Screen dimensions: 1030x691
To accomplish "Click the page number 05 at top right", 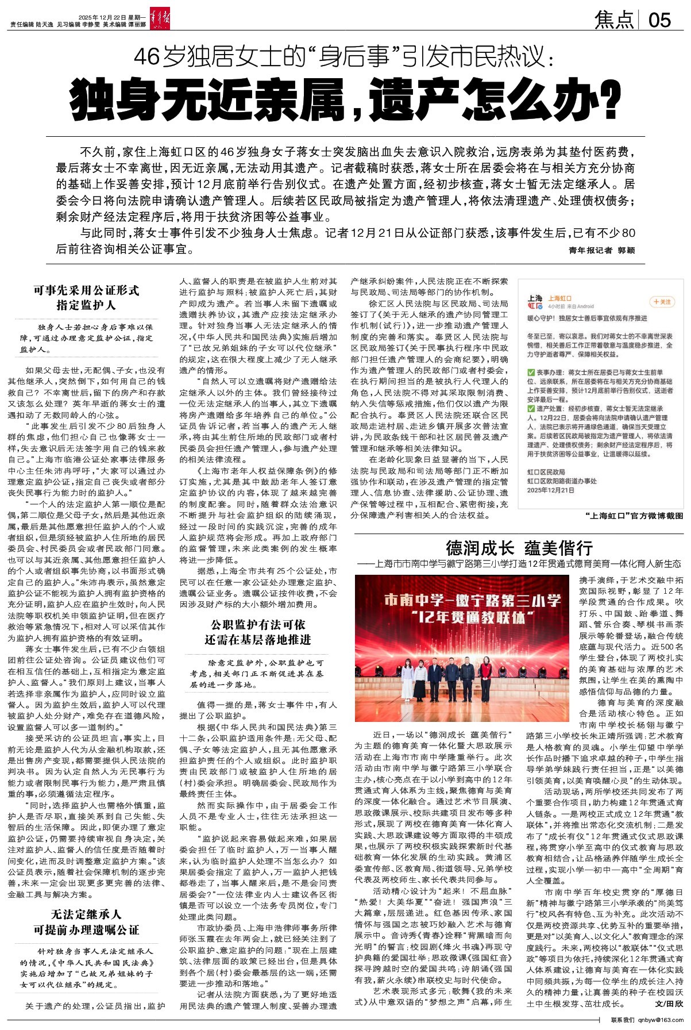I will [x=659, y=20].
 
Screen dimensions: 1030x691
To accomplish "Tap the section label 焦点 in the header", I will [x=615, y=20].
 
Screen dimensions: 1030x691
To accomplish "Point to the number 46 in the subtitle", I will [x=146, y=58].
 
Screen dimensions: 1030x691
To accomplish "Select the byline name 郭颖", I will [x=626, y=251].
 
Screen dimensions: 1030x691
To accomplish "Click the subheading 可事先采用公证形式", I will [x=86, y=290].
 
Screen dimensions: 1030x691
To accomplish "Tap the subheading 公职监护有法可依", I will [x=258, y=624].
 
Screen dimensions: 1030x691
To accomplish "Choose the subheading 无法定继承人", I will [x=86, y=914].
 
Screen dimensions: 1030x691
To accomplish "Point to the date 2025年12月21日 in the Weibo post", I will [x=550, y=490].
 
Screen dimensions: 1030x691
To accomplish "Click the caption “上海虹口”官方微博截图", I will [x=634, y=516].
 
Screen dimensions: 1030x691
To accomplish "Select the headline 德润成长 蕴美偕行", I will [x=519, y=547].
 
